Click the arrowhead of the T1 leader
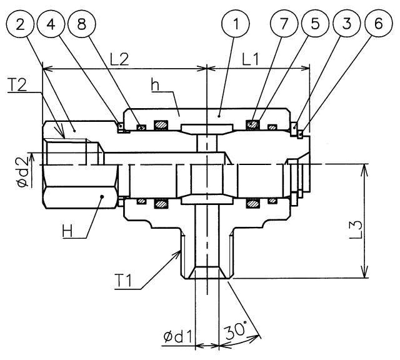(181, 249)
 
